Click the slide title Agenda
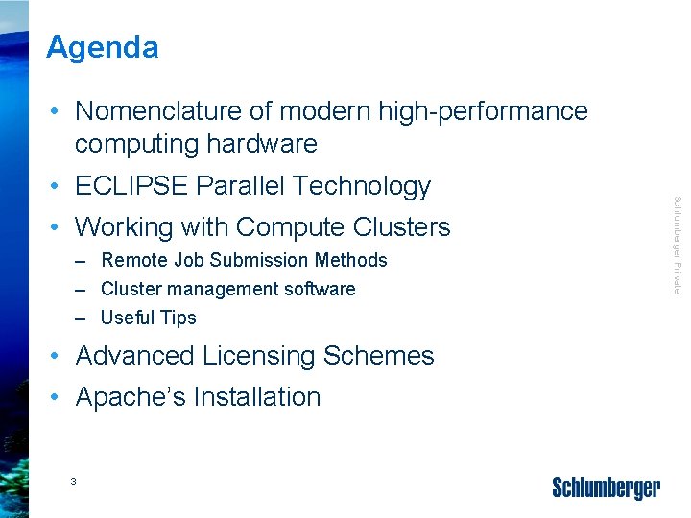[103, 47]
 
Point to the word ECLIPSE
[131, 186]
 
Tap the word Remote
[131, 260]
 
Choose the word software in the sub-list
[320, 289]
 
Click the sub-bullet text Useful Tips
[148, 318]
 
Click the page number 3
[73, 481]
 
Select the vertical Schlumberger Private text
[677, 245]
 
